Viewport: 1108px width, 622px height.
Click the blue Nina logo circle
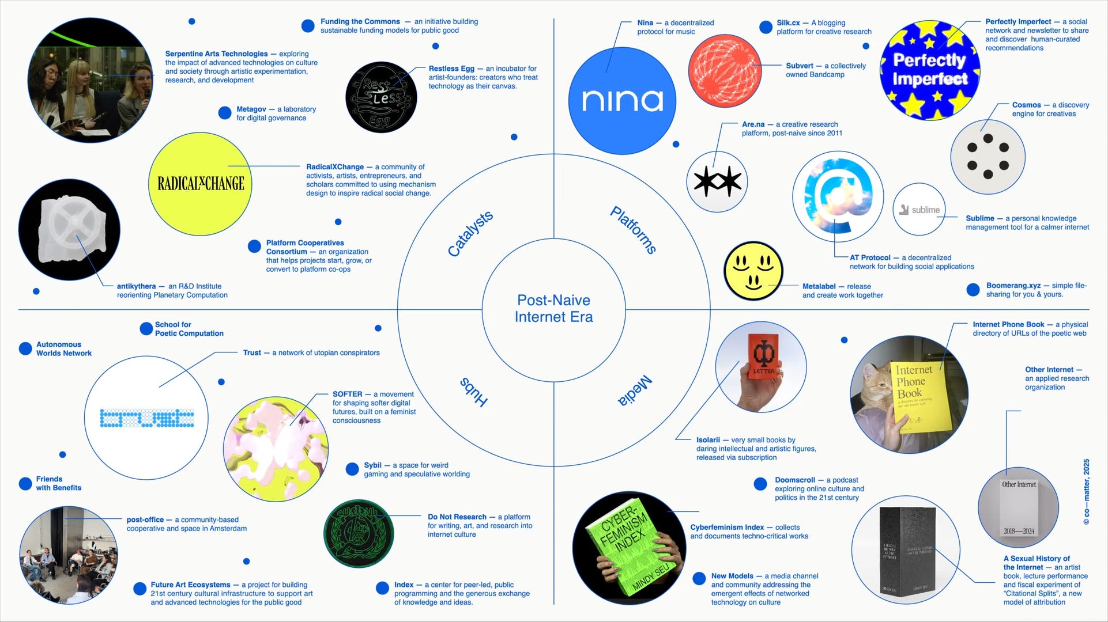tap(621, 101)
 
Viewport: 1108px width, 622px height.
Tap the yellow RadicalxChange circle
tap(201, 184)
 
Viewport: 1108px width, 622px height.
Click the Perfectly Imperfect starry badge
tap(929, 70)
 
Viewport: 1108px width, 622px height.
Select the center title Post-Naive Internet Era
tap(553, 309)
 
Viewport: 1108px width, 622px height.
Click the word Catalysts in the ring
tap(470, 233)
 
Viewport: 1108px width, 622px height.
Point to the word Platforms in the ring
tap(634, 230)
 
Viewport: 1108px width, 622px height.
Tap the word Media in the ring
tap(635, 390)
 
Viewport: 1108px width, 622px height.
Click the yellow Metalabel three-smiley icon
tap(753, 271)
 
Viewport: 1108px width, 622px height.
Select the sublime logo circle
tap(919, 210)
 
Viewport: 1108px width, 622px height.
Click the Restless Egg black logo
tap(381, 97)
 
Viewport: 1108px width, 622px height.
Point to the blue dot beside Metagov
tap(225, 113)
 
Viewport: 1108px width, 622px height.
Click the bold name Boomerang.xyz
tap(1013, 286)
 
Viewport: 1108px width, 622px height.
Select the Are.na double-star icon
tap(717, 181)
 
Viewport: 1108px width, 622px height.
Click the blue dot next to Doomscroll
tap(760, 484)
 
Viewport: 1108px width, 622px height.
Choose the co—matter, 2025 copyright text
tap(1086, 491)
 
